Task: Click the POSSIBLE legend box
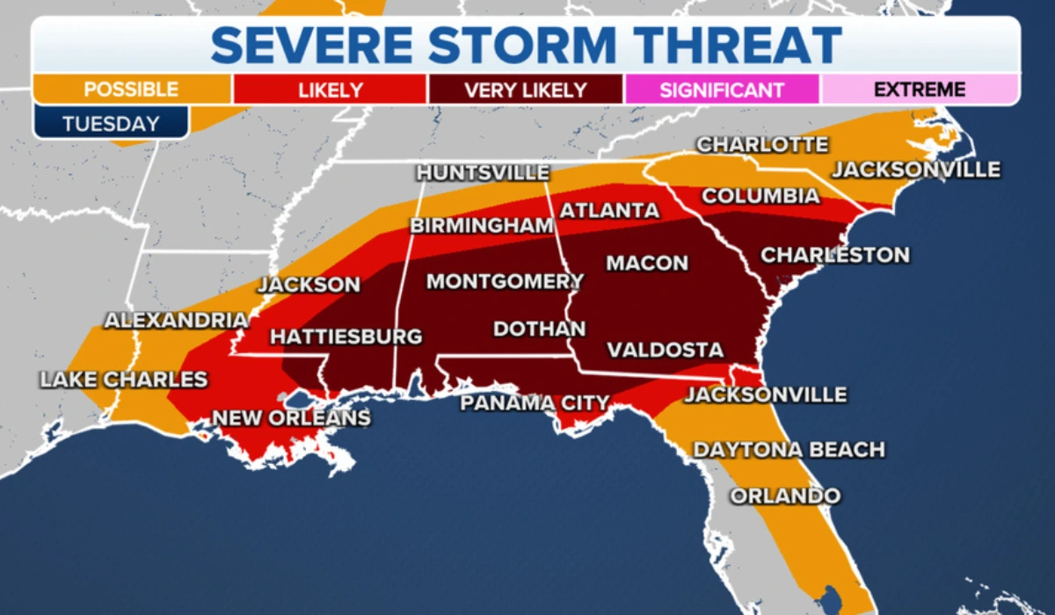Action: [132, 90]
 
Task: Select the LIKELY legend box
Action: [330, 90]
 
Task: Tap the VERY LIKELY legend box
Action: [525, 90]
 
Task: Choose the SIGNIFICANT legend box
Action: [721, 90]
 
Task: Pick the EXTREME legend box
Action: [920, 90]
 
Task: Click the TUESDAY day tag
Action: [111, 124]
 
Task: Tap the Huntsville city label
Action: [483, 173]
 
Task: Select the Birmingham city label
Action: [481, 226]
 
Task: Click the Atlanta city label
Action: [609, 211]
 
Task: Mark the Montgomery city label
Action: [505, 282]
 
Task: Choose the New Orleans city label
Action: [291, 418]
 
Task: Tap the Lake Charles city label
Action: [123, 380]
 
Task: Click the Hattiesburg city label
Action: [346, 337]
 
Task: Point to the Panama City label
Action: [535, 403]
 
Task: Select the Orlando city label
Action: [785, 496]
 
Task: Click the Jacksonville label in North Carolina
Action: [916, 169]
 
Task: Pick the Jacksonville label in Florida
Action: [765, 394]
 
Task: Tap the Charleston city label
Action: [834, 256]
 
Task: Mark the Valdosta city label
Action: [665, 350]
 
